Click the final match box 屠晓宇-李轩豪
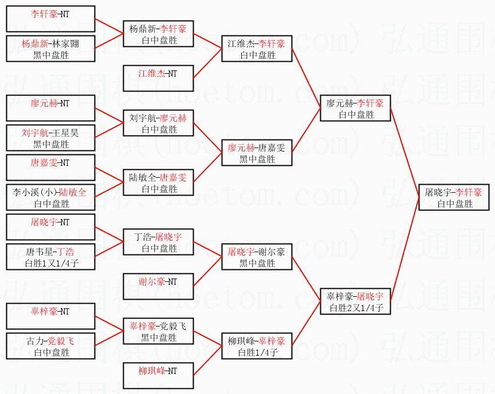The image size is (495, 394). click(x=454, y=197)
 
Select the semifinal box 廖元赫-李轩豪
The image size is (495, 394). click(x=355, y=108)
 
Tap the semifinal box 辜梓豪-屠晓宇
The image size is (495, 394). click(x=355, y=301)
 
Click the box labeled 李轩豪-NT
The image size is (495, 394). click(x=50, y=19)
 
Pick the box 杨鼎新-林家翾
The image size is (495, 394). click(x=50, y=49)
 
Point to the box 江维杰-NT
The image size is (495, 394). click(x=158, y=78)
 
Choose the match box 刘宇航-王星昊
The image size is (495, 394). click(x=50, y=138)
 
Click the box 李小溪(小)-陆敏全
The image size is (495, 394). click(x=50, y=197)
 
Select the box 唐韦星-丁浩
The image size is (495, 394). click(x=50, y=257)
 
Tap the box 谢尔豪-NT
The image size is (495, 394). click(x=158, y=286)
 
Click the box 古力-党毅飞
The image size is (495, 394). click(x=50, y=346)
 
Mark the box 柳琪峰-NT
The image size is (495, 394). click(x=158, y=376)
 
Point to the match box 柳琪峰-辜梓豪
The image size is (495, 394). click(x=257, y=346)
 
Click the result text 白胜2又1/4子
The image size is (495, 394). click(x=356, y=308)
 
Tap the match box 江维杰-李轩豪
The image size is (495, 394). click(x=257, y=49)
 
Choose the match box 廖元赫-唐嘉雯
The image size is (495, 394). click(x=257, y=153)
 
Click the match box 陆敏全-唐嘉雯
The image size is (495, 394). click(x=158, y=182)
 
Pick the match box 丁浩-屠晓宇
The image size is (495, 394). click(x=158, y=242)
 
